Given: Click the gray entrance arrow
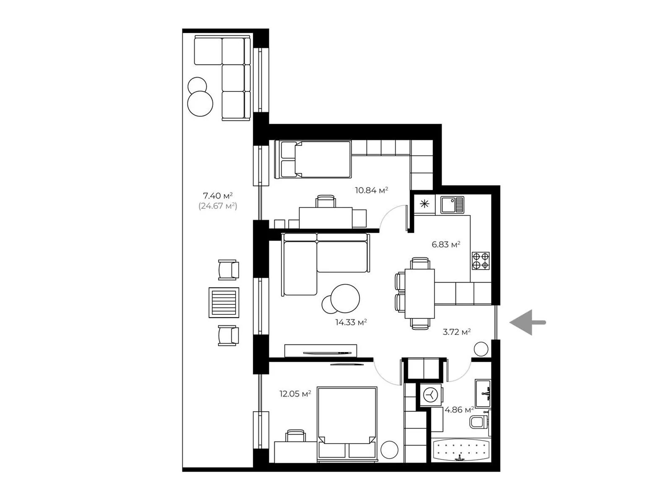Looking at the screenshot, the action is click(x=527, y=322).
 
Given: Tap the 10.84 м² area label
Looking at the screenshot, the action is click(x=371, y=190).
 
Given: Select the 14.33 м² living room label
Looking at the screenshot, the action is click(x=351, y=322).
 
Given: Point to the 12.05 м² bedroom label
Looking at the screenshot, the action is click(x=295, y=394).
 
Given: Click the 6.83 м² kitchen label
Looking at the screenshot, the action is click(x=446, y=244).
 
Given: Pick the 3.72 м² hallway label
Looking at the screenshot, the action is click(x=457, y=332).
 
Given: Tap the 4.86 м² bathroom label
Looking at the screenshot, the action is click(x=460, y=410).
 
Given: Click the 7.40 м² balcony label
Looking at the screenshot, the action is click(x=218, y=195).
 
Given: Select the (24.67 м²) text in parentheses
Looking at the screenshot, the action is click(x=218, y=206).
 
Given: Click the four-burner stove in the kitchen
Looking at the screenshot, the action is click(x=481, y=260).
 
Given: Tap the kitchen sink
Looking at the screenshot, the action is click(x=452, y=205).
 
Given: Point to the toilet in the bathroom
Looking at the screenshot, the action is click(x=479, y=422).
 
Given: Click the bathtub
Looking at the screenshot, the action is click(x=460, y=450).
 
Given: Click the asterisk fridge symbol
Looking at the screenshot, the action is click(x=424, y=204).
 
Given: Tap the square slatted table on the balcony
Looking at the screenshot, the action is click(x=224, y=303).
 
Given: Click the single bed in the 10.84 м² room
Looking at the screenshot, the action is click(x=313, y=159).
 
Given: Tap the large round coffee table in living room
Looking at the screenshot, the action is click(x=345, y=298).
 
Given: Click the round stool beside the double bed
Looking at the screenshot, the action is click(x=390, y=450).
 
